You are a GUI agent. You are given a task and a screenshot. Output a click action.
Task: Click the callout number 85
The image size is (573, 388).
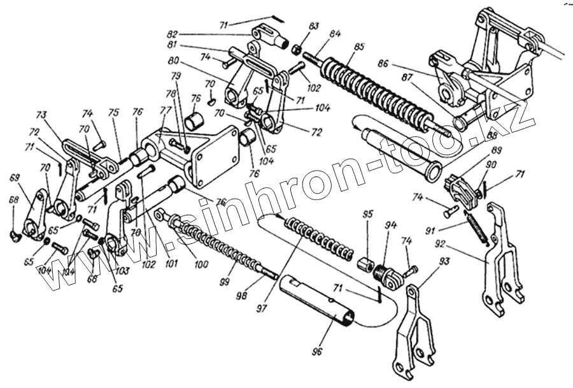[360, 46]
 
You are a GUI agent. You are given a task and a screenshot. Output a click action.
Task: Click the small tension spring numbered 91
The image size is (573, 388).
[478, 226]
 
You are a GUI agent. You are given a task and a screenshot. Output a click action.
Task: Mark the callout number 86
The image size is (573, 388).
[400, 64]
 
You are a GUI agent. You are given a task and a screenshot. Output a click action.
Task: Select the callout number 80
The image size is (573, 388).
[173, 61]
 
